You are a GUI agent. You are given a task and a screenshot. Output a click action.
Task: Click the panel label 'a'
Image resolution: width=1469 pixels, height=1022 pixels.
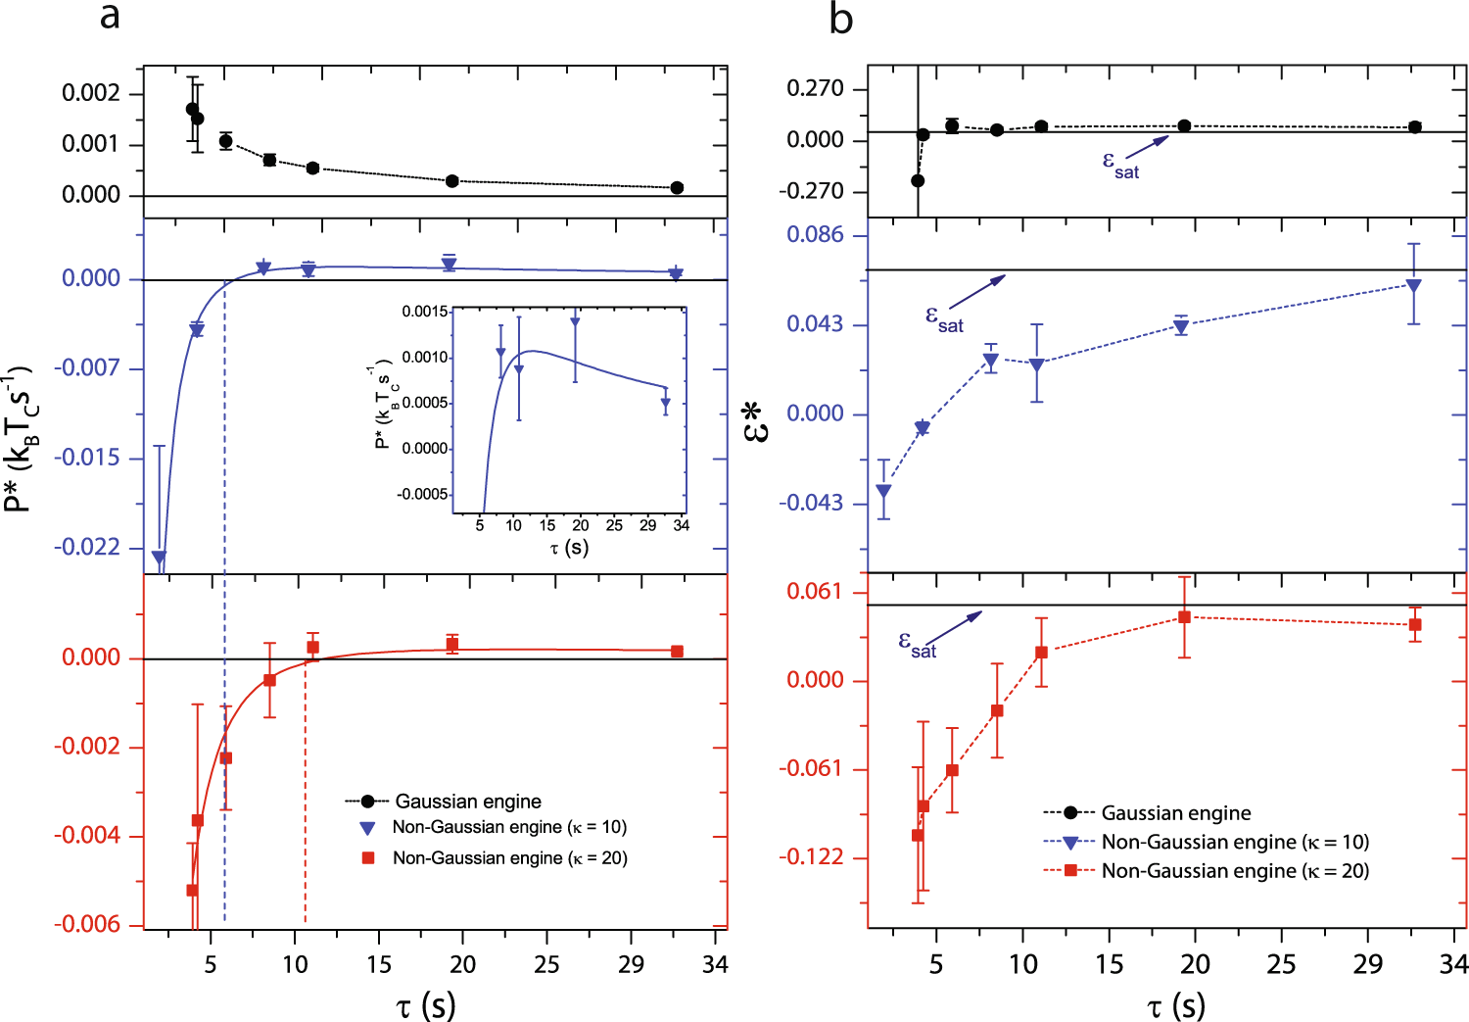click(x=110, y=17)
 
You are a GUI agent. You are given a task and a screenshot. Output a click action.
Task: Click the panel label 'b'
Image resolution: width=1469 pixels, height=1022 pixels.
click(x=840, y=19)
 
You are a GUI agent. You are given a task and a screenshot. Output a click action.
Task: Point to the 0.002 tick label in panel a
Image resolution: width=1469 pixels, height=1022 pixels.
click(x=91, y=93)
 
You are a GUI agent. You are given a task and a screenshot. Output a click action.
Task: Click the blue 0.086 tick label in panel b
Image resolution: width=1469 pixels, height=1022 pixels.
click(x=815, y=235)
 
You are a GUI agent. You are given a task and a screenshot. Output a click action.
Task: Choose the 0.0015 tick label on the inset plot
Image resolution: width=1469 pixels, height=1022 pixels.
click(x=425, y=312)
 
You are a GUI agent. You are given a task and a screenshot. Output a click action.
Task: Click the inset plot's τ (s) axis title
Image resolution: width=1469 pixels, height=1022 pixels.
click(x=569, y=547)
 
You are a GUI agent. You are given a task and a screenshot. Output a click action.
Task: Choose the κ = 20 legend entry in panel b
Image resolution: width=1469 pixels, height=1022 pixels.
click(x=1234, y=870)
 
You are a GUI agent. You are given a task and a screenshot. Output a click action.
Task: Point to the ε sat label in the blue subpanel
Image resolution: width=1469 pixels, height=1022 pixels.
click(x=944, y=318)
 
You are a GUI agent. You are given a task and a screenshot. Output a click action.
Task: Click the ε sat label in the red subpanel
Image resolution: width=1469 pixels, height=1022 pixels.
click(x=918, y=644)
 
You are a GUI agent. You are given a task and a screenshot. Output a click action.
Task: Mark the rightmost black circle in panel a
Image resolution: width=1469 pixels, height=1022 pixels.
click(x=677, y=187)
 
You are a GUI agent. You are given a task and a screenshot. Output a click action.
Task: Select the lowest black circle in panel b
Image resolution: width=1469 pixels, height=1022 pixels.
click(x=918, y=180)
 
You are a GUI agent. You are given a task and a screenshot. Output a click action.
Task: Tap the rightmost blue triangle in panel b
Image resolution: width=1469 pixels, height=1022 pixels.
click(x=1413, y=285)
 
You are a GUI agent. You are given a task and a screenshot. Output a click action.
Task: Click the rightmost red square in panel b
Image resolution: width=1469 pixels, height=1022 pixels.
click(x=1414, y=624)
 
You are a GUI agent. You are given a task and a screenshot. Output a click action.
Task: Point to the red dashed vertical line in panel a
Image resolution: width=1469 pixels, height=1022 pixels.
click(x=305, y=833)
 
